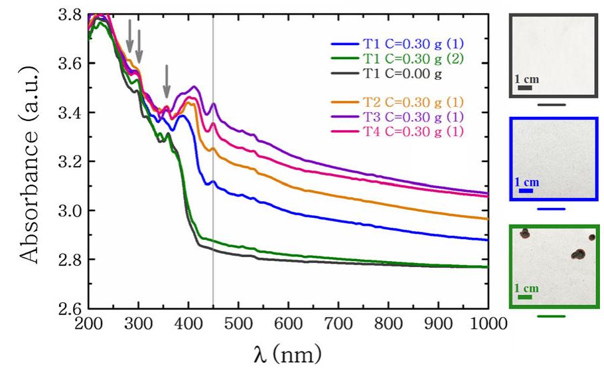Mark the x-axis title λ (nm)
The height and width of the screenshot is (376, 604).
[x=287, y=354]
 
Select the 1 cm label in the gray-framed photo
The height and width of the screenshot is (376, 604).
[x=527, y=79]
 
